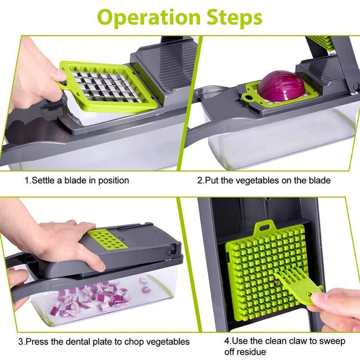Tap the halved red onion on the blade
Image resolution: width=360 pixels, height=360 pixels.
coord(281,86)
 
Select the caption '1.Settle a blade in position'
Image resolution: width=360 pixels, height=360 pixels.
coord(77,180)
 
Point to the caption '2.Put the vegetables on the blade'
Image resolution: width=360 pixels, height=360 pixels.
coord(264,180)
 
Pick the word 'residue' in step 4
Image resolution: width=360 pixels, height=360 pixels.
coord(245,352)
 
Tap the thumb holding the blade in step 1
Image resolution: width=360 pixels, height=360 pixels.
coord(58,76)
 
